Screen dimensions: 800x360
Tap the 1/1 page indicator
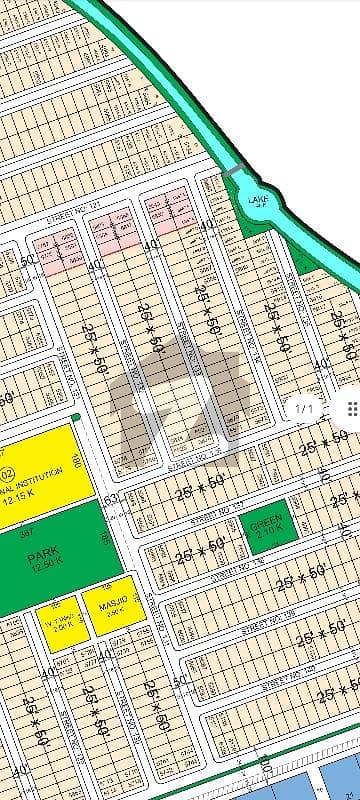305,407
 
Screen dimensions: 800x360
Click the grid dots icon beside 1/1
351,407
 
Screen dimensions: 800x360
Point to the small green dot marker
76,417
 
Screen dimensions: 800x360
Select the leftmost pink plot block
56,250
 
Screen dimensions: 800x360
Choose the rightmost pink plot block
168,212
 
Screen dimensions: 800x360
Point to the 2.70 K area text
267,534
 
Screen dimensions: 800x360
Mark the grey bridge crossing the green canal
232,172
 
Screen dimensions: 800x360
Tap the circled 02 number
6,474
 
